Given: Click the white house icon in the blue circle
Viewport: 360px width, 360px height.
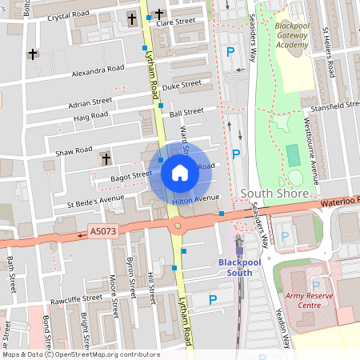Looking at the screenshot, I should (x=179, y=172).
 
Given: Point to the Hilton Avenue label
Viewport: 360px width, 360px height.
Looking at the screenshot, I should (x=197, y=198).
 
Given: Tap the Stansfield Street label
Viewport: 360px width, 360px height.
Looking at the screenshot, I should (x=332, y=105).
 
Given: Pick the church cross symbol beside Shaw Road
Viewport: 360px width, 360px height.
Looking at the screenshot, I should (x=105, y=159).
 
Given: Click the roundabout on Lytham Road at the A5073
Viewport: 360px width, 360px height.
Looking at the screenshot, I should (x=177, y=226).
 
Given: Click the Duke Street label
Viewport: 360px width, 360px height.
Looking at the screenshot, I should (x=182, y=84).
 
